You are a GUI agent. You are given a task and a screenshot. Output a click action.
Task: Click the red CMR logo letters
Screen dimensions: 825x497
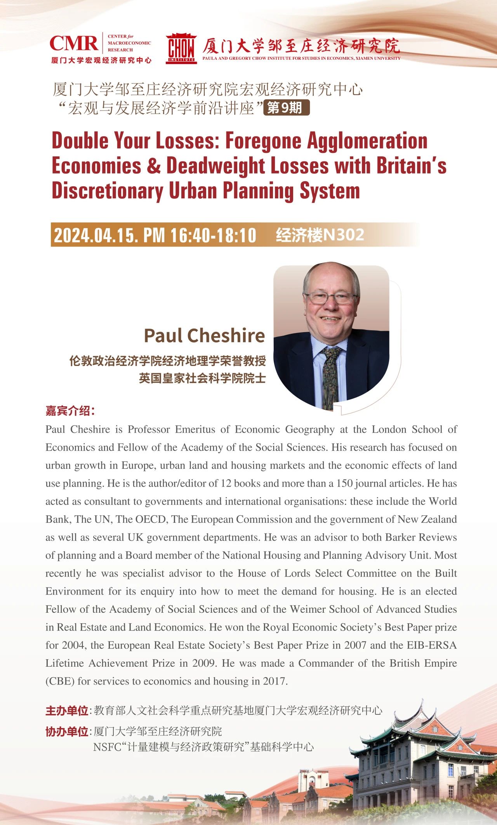[x=74, y=43]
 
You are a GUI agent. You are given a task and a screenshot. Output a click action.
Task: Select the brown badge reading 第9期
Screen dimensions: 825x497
[x=286, y=107]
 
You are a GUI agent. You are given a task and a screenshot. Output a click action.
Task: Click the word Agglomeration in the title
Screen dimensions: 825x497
[x=367, y=140]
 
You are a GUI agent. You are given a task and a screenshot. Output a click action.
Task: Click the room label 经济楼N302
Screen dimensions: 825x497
[x=320, y=235]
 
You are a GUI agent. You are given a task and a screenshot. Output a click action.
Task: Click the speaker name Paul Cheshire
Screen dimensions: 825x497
[x=204, y=335]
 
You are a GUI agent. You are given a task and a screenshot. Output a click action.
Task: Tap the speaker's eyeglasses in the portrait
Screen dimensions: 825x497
[x=330, y=298]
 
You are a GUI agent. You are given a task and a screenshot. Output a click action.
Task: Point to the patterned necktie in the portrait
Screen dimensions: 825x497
[x=331, y=376]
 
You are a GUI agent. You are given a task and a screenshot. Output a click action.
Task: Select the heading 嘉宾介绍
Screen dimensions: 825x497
[x=70, y=411]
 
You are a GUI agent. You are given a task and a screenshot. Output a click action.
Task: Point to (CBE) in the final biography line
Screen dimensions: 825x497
[x=60, y=681]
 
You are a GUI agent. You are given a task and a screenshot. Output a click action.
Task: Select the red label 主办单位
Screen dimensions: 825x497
[x=67, y=711]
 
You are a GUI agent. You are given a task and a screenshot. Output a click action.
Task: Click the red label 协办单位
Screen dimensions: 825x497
[x=67, y=731]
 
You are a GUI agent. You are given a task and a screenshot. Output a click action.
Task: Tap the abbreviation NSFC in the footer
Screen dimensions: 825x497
[x=107, y=747]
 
